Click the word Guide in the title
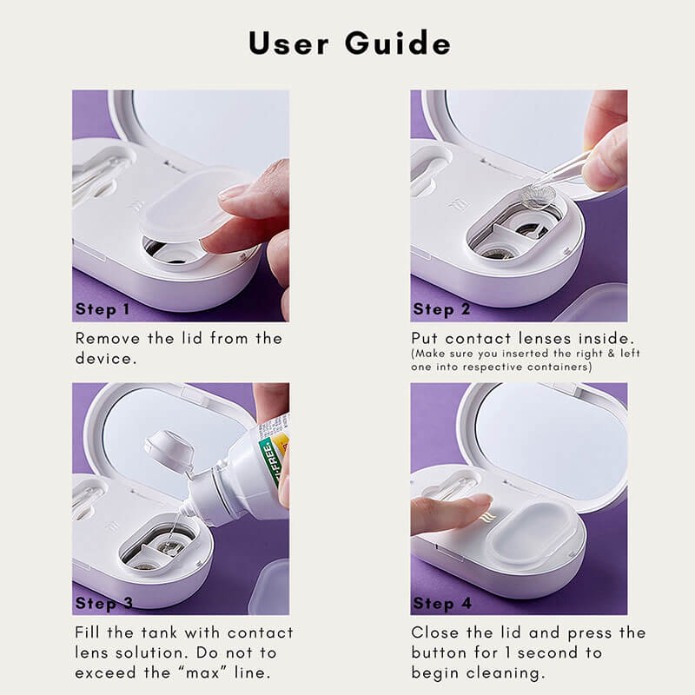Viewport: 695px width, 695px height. pyautogui.click(x=398, y=43)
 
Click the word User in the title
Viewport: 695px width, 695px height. pyautogui.click(x=288, y=43)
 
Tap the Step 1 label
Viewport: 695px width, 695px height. pyautogui.click(x=103, y=309)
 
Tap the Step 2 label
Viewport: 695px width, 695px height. pyautogui.click(x=441, y=309)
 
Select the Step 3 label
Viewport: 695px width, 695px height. pyautogui.click(x=104, y=603)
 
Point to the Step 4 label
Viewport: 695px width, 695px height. pyautogui.click(x=442, y=603)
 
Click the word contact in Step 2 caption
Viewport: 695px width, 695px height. pyautogui.click(x=478, y=339)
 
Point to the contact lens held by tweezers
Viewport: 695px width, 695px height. pyautogui.click(x=538, y=196)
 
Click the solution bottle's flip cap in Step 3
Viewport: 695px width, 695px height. pyautogui.click(x=169, y=450)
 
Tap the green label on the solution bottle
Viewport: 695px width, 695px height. pyautogui.click(x=271, y=460)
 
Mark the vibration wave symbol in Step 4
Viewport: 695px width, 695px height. pyautogui.click(x=488, y=516)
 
